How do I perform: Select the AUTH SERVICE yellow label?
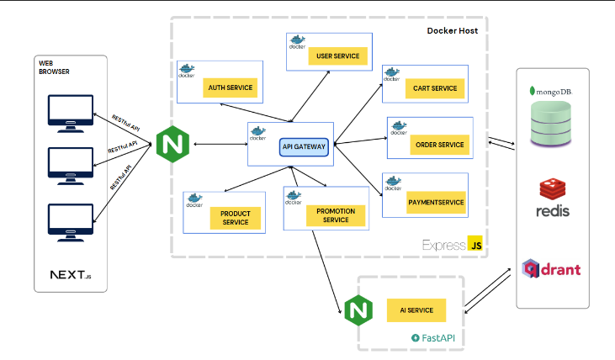click(230, 87)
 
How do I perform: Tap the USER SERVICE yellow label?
click(338, 56)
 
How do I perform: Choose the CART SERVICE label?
click(435, 87)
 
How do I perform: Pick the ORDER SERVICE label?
click(439, 145)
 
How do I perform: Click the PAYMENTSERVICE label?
click(436, 203)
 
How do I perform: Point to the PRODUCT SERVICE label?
click(236, 218)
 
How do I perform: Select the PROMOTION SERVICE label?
click(335, 215)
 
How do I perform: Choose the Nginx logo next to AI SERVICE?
click(358, 310)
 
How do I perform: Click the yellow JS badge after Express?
click(475, 244)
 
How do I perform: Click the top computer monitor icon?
click(71, 113)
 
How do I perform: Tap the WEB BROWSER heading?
click(54, 67)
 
